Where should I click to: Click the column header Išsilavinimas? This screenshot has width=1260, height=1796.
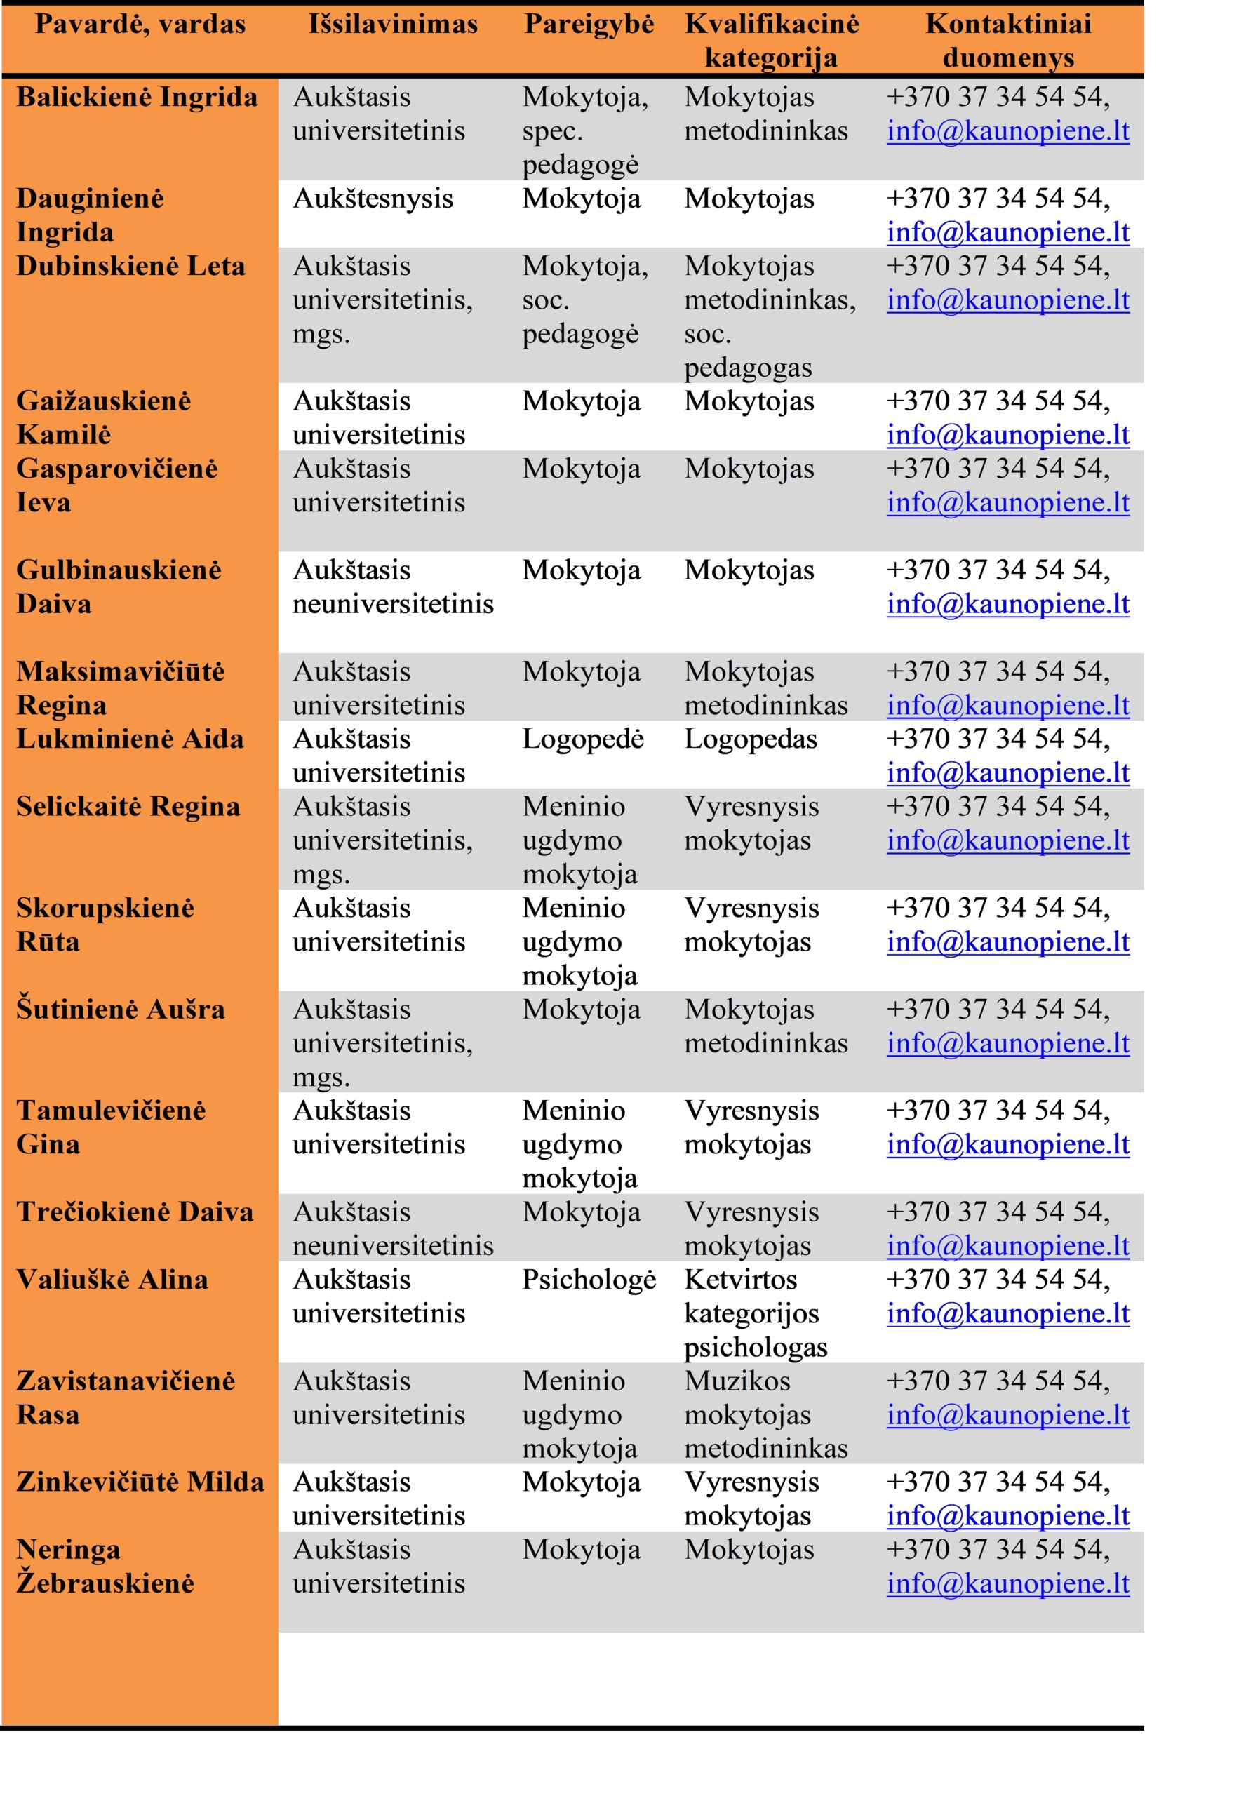pos(393,25)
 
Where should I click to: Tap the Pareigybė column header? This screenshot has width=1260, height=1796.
pos(588,25)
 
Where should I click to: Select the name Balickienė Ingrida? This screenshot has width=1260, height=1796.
pos(137,97)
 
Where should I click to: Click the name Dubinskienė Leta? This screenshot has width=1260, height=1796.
pos(130,266)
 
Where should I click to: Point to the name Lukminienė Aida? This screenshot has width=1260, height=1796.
pos(130,739)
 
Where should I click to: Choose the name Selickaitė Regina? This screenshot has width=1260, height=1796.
pos(128,807)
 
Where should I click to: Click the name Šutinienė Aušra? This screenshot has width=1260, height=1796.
pos(121,1009)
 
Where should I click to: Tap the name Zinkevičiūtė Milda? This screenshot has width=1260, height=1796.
pos(140,1482)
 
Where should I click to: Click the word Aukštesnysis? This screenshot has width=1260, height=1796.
pos(373,199)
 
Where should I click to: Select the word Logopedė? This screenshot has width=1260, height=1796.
pos(583,739)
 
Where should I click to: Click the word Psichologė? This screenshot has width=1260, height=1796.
pos(589,1280)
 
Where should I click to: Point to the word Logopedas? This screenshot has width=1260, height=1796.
pos(750,739)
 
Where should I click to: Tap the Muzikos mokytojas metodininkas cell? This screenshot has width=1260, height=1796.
pos(765,1414)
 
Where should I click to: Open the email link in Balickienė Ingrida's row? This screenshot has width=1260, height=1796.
pos(1007,131)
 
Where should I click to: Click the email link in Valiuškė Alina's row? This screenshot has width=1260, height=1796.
pos(1007,1313)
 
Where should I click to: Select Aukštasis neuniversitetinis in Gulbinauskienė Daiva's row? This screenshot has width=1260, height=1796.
pos(393,587)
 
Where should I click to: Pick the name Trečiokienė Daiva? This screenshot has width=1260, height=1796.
pos(135,1212)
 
